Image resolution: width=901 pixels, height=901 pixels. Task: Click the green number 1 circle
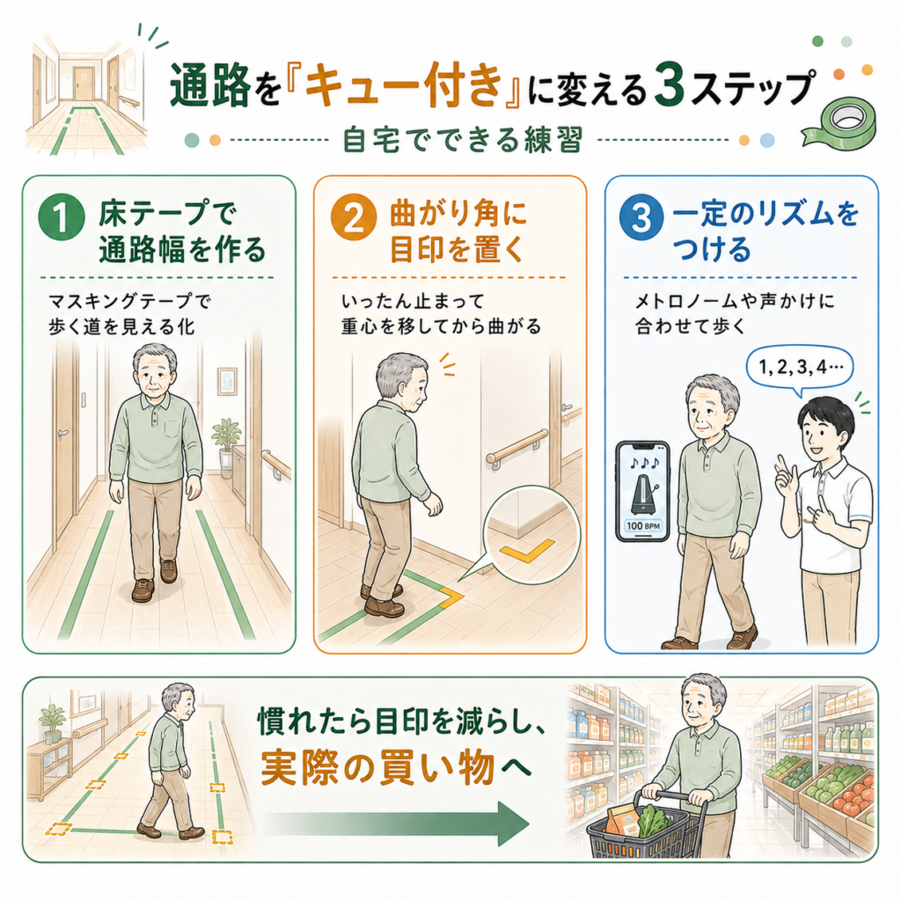pos(62,217)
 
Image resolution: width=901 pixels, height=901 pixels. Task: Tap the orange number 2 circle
pos(354,217)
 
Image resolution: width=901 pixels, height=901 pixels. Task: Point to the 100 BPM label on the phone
pos(643,525)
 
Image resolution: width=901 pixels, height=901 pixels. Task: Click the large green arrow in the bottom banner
pos(397,824)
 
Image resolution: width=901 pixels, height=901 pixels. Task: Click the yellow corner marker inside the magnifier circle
pos(527,550)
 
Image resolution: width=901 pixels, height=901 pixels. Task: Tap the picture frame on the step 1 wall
pos(227,382)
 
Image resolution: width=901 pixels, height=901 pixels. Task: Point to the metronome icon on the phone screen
pos(643,494)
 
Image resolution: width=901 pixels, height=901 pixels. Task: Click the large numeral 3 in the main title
pos(669,88)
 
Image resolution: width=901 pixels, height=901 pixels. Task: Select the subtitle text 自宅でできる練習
pos(463,140)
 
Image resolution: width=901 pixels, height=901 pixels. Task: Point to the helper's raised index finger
pos(780,465)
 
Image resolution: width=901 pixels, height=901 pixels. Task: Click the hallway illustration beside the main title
pos(86,95)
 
